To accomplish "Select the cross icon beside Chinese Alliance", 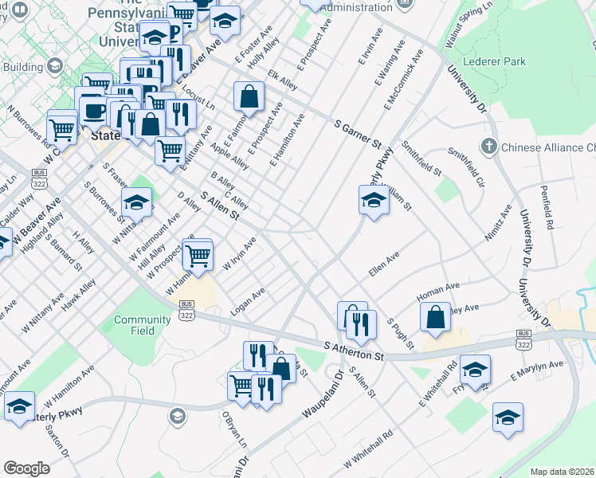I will point(489,147).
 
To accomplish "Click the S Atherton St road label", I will point(355,351).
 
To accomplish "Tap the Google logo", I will point(26,468).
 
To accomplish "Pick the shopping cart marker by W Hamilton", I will point(197,255).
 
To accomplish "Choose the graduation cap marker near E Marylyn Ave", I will point(475,370).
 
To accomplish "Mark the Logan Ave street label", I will point(247,304).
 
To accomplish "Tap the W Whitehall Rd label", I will point(368,449).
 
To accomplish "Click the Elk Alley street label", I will point(283,83).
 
